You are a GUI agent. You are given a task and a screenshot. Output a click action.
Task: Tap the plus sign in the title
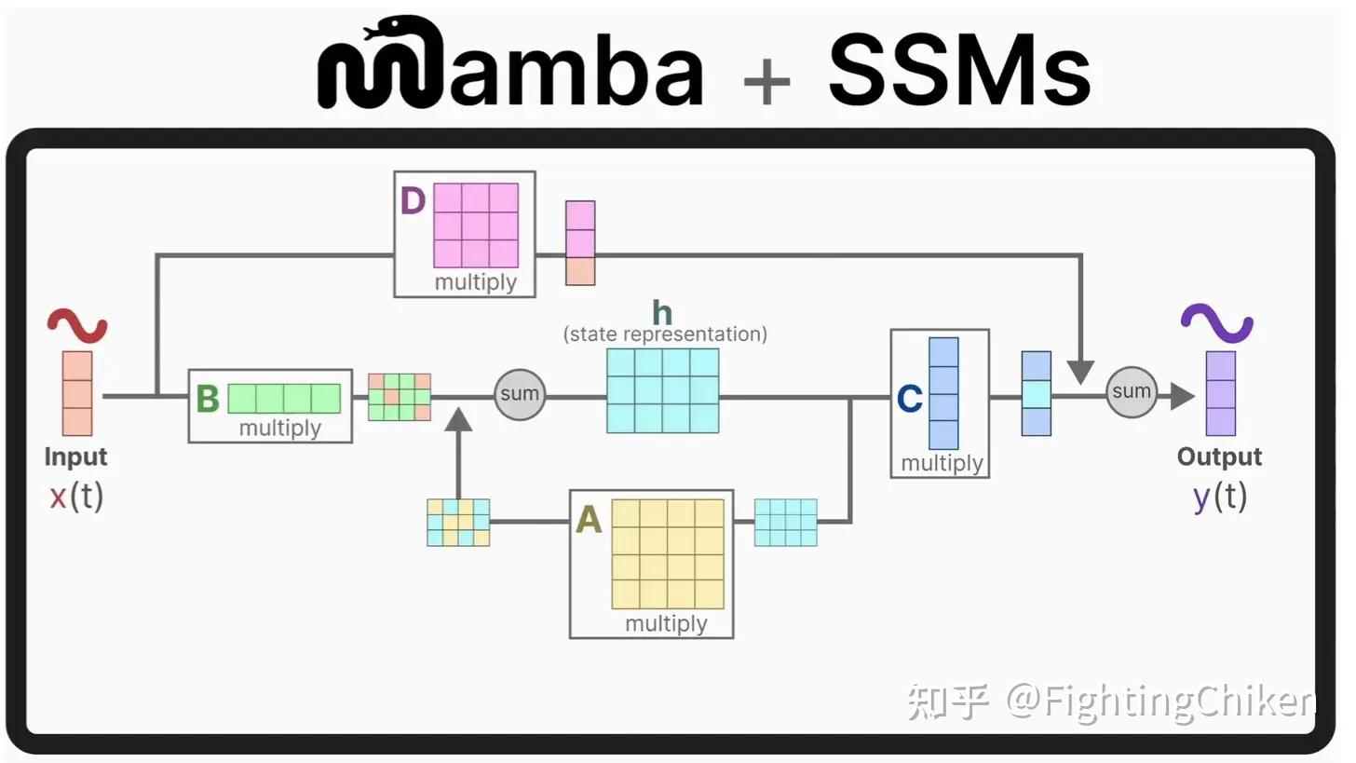(766, 81)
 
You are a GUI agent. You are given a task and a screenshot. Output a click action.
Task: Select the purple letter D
(413, 202)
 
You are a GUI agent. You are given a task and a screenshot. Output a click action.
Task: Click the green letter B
(208, 399)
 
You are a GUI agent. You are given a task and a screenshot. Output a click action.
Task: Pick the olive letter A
(589, 520)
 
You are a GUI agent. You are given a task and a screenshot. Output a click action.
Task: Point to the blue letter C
(909, 400)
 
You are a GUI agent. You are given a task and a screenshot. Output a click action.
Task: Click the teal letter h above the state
(662, 313)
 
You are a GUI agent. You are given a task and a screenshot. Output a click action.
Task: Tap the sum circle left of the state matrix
(519, 394)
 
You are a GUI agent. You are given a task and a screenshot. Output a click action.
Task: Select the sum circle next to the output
(1132, 391)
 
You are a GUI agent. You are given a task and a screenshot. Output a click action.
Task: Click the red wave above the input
(77, 326)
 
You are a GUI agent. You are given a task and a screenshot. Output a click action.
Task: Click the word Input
(76, 457)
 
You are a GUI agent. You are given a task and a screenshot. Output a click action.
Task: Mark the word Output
(1219, 457)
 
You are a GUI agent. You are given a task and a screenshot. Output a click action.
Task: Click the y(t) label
(1219, 497)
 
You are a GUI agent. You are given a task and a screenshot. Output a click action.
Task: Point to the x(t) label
(76, 497)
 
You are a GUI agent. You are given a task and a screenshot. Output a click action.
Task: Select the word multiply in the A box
(666, 623)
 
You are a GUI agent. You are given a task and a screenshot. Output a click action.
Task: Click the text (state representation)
(665, 334)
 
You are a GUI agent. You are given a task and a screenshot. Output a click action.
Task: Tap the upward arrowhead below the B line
(457, 420)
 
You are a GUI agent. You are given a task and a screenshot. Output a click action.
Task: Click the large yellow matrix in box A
(668, 553)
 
